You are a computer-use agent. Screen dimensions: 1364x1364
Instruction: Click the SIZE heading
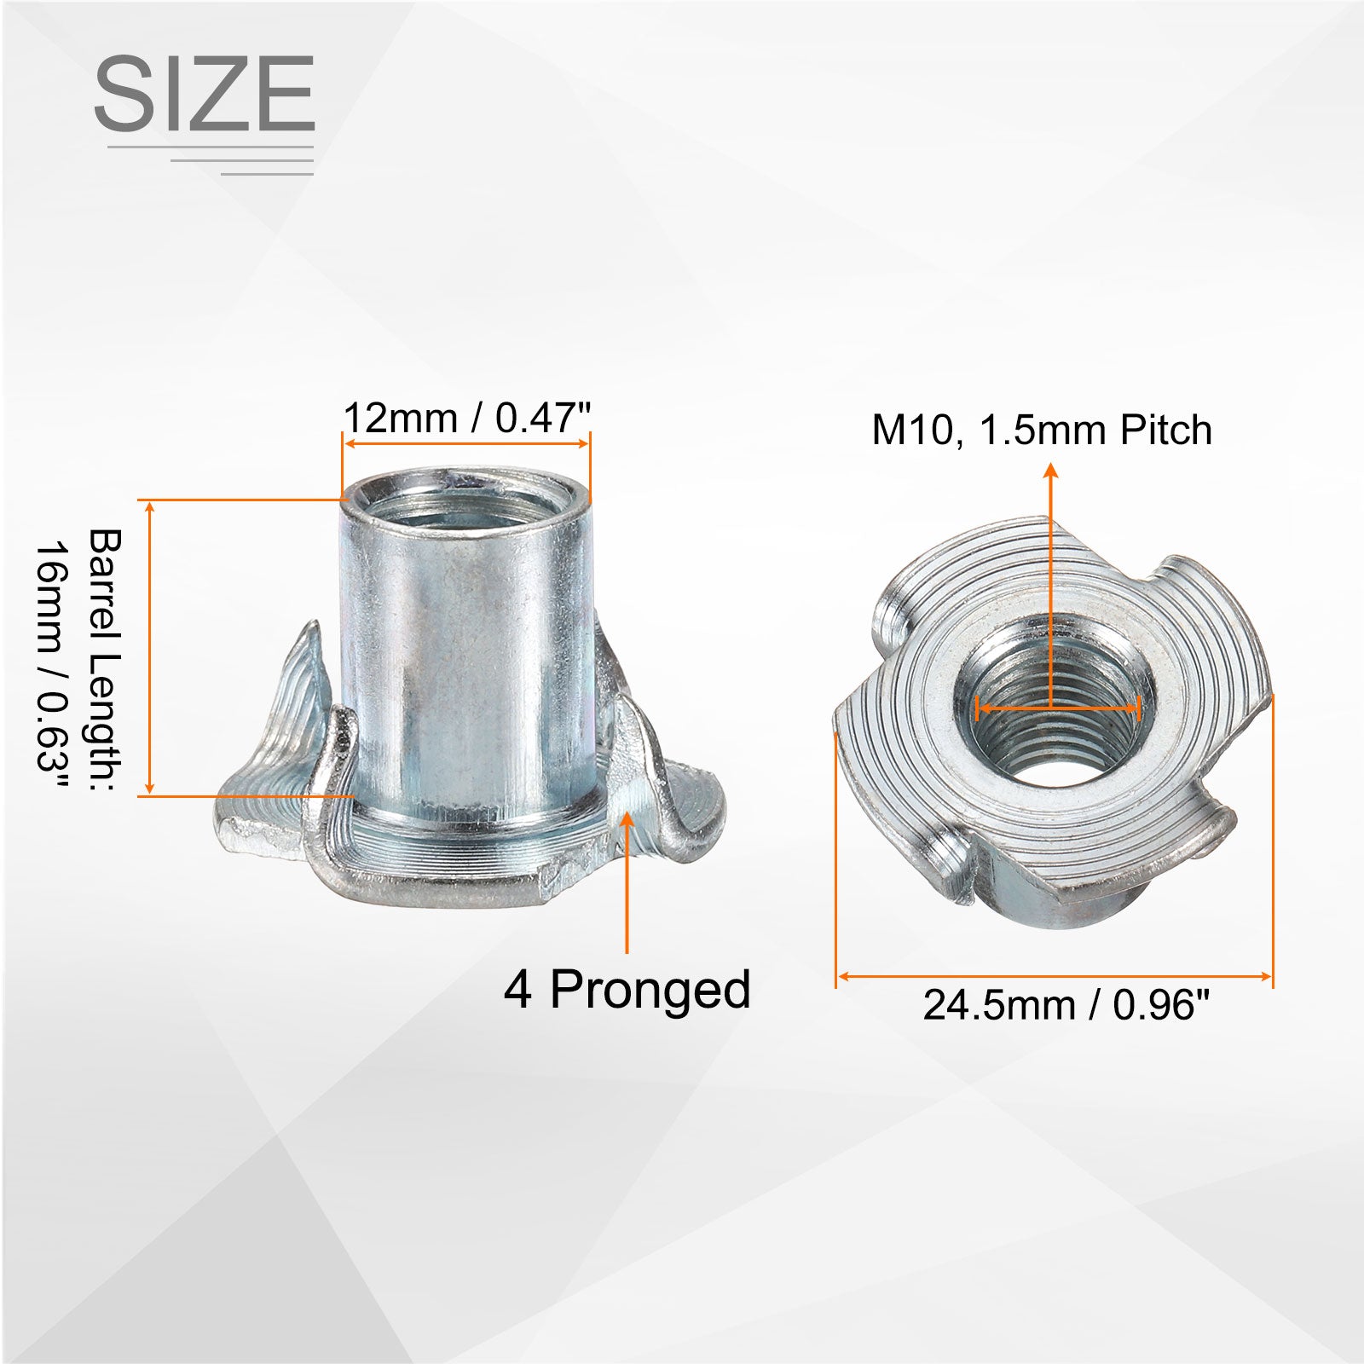205,93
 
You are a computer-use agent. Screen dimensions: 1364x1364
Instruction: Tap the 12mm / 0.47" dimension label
467,419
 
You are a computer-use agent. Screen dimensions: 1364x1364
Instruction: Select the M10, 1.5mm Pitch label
1042,430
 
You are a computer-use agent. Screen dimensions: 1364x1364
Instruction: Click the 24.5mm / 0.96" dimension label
1066,1005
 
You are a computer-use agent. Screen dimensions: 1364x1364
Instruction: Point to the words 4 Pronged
627,991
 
